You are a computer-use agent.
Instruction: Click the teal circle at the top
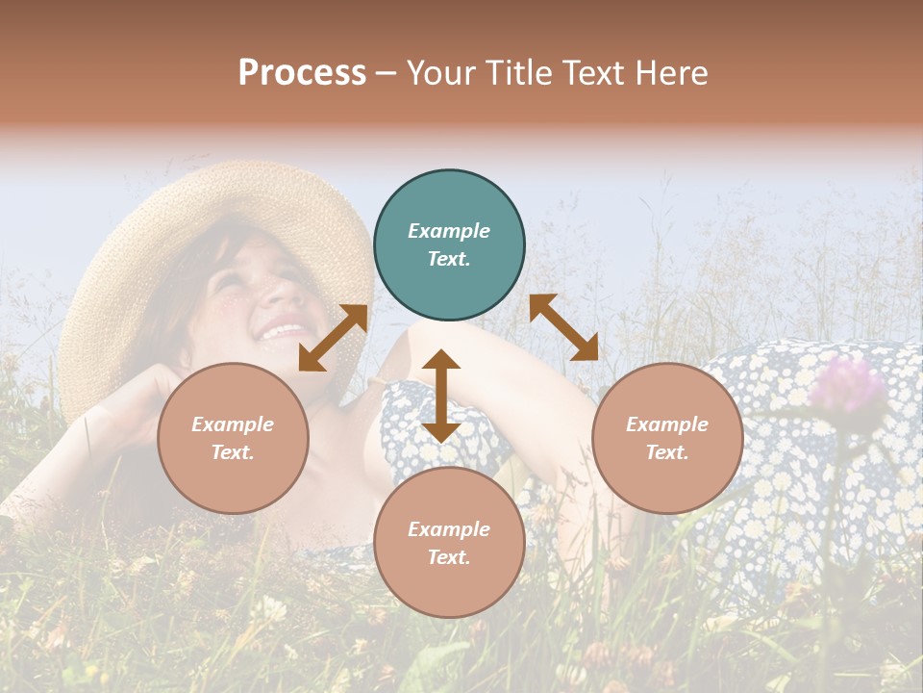pos(449,245)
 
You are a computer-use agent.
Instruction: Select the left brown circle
pos(233,438)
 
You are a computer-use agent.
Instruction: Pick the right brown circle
pos(667,438)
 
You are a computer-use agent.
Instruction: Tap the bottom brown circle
pos(449,543)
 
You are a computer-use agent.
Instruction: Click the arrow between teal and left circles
pos(333,338)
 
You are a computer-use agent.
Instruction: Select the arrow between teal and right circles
pos(564,327)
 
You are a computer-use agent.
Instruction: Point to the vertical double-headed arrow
pos(441,396)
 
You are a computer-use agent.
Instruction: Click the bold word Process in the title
pos(302,72)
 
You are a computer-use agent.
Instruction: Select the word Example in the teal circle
pos(449,231)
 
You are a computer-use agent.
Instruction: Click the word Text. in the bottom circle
pos(449,557)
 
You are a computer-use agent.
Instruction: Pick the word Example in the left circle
pos(233,424)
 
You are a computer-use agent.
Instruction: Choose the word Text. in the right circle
pos(667,452)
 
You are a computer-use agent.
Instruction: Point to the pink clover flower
pos(847,386)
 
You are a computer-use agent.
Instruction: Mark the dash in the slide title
pos(387,73)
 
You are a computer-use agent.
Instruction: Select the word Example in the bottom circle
pos(449,529)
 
